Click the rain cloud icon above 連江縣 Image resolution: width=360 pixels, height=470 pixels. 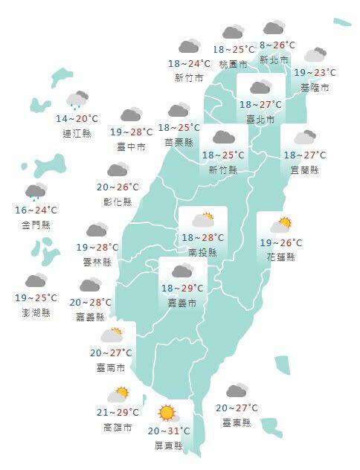[x=77, y=100]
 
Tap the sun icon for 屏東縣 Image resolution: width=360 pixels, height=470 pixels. [x=167, y=413]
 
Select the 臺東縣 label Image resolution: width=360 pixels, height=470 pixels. [x=237, y=422]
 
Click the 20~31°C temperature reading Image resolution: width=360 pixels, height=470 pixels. [x=169, y=431]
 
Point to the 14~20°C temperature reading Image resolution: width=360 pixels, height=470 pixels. [x=77, y=119]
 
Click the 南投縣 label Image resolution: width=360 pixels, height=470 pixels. [x=202, y=253]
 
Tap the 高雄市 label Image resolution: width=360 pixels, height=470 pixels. [x=118, y=428]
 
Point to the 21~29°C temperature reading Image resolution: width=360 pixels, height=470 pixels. [x=118, y=413]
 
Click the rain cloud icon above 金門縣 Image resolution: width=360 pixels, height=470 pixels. [x=36, y=192]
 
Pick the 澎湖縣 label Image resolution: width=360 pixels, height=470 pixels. [x=36, y=313]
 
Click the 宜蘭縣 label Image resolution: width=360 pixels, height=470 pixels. [x=304, y=170]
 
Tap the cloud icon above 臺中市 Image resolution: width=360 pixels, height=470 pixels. [x=131, y=115]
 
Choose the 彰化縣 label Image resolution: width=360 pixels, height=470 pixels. [x=118, y=202]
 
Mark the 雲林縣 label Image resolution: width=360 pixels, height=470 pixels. [x=97, y=262]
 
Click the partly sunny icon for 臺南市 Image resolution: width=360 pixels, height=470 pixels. [x=112, y=335]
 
